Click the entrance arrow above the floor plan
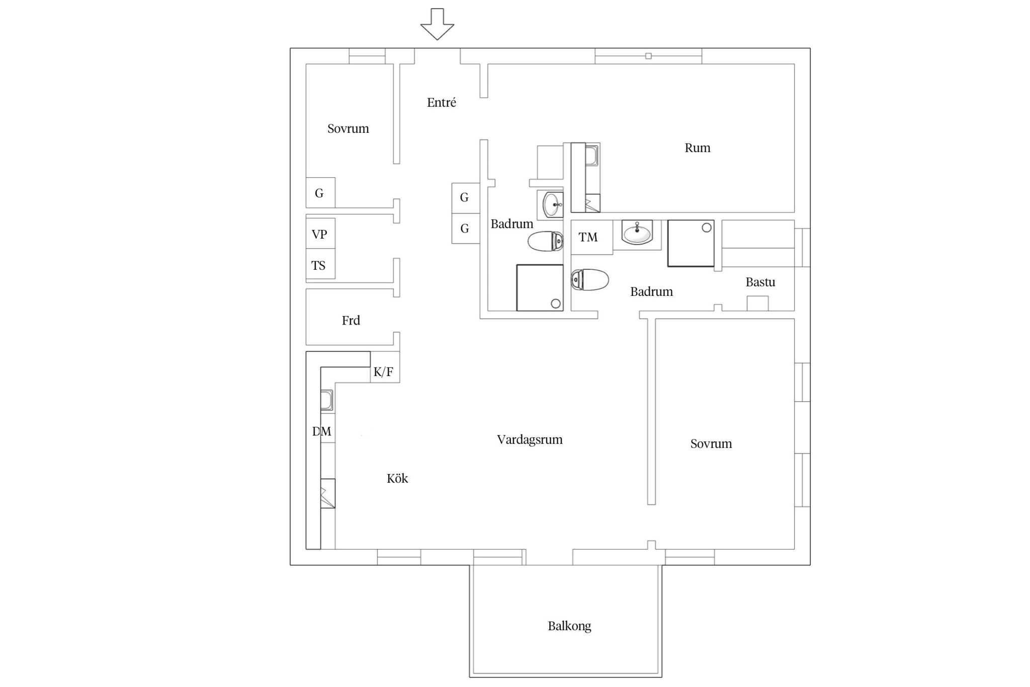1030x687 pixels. click(437, 24)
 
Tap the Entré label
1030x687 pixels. click(442, 102)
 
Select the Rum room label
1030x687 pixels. click(698, 148)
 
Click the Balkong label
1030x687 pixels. click(569, 626)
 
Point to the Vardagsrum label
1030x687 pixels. click(530, 439)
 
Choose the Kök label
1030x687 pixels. click(397, 478)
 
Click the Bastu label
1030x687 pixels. click(760, 282)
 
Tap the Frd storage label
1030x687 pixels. click(351, 321)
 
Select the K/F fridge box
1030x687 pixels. click(385, 367)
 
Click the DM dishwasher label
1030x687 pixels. click(322, 431)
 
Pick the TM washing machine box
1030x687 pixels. click(591, 237)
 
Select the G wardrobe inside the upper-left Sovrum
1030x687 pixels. click(320, 192)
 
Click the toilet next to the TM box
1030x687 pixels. click(589, 280)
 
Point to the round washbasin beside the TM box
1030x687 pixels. click(637, 233)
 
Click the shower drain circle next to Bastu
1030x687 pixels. click(707, 227)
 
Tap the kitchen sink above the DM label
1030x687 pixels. click(327, 401)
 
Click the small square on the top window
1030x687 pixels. click(648, 56)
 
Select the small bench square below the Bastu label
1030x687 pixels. click(757, 303)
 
